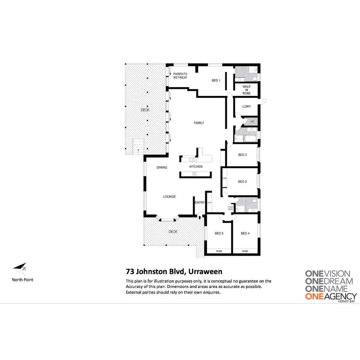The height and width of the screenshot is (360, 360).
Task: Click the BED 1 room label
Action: click(x=216, y=80)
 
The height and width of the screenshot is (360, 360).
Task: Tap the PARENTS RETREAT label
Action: click(x=180, y=76)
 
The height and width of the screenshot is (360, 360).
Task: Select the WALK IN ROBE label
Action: click(x=246, y=90)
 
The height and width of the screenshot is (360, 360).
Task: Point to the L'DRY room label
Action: click(x=246, y=106)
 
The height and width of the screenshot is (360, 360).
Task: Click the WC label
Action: click(x=253, y=122)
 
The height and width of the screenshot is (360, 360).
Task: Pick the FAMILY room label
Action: click(x=199, y=123)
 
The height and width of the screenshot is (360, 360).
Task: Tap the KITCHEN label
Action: click(x=196, y=167)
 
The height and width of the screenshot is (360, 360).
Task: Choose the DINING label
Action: click(x=162, y=167)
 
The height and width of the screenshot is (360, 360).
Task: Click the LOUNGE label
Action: click(x=169, y=197)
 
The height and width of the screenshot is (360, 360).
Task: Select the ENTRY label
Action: click(x=200, y=203)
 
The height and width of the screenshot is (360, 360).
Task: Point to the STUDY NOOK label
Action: click(x=230, y=208)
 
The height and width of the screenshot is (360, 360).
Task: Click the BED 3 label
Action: click(x=242, y=155)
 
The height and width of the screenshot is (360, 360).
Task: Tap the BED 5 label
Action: click(x=219, y=233)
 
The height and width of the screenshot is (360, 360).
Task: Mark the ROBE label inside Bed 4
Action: click(x=245, y=251)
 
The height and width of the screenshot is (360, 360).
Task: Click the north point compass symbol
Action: click(x=20, y=269)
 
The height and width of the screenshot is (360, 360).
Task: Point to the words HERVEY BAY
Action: click(x=346, y=301)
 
